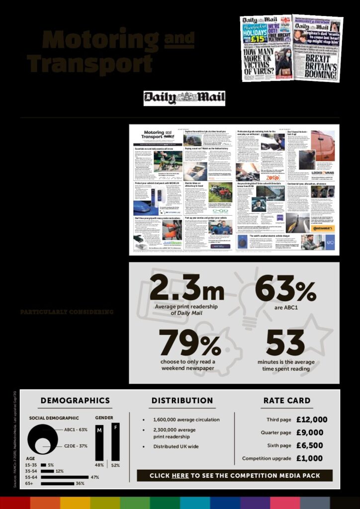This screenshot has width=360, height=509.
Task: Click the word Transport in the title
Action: [90, 63]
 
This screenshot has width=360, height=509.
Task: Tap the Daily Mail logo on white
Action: [184, 98]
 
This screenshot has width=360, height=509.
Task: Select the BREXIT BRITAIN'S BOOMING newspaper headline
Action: [317, 63]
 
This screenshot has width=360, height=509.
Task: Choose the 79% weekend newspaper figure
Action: [189, 342]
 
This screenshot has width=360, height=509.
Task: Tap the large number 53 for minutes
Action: [285, 342]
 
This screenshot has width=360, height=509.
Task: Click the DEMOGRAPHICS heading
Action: [75, 401]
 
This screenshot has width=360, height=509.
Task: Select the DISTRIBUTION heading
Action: [182, 401]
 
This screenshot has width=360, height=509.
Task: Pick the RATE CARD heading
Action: [285, 401]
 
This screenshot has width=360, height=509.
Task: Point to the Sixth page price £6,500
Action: [309, 445]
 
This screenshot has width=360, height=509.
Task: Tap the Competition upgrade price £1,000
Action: [309, 458]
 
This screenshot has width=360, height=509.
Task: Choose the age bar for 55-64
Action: [64, 477]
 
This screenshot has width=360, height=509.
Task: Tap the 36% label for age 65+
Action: [80, 484]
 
